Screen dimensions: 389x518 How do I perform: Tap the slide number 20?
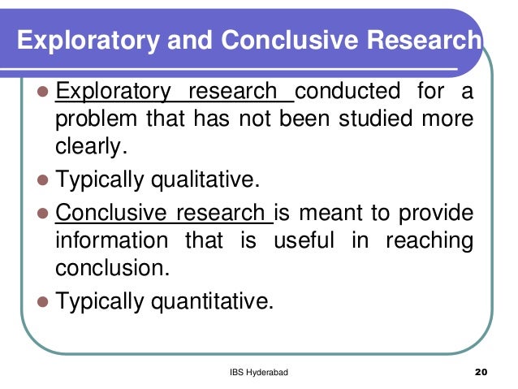click(x=478, y=373)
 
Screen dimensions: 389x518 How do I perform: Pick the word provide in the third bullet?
click(x=438, y=214)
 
